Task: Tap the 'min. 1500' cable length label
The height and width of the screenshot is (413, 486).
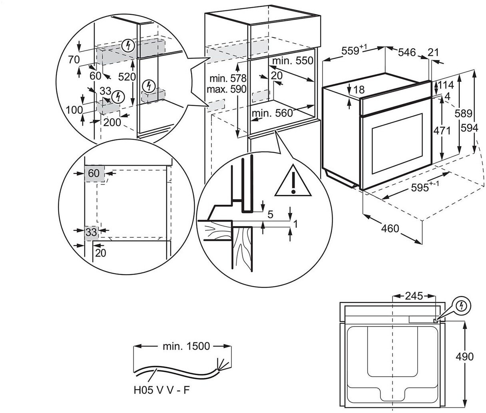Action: [x=186, y=346]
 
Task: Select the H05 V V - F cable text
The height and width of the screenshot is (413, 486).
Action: [x=162, y=390]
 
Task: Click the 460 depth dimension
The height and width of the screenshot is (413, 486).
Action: [x=390, y=229]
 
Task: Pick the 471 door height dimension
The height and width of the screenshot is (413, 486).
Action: [x=442, y=130]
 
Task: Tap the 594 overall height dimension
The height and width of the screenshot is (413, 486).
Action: [x=469, y=128]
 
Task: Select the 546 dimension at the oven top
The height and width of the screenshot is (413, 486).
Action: [x=407, y=52]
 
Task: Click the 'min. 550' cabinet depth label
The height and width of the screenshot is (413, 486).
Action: [x=293, y=61]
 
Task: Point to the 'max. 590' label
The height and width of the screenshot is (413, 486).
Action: [x=226, y=89]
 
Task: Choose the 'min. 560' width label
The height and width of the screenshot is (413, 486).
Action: [x=272, y=113]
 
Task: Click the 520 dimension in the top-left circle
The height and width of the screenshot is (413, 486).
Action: [x=127, y=77]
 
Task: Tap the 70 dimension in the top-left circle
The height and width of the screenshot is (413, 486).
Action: [x=74, y=59]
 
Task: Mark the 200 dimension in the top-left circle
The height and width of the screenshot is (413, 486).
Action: [x=112, y=123]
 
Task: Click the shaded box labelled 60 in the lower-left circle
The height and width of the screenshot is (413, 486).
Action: [x=94, y=174]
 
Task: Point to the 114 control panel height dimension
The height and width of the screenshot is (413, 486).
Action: [x=446, y=85]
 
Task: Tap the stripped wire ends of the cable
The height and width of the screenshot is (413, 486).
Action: [x=223, y=366]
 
